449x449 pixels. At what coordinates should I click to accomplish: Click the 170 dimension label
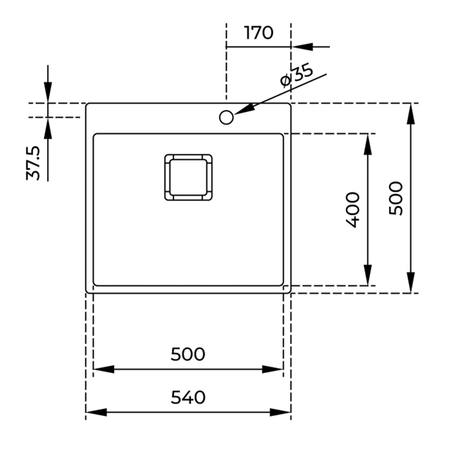click(x=259, y=33)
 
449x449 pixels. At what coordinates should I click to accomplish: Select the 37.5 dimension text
click(x=34, y=163)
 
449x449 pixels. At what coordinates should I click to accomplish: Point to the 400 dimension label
click(x=352, y=210)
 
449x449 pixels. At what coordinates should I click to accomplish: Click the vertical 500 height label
click(x=396, y=198)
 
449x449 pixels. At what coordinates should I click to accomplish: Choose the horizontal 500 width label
click(x=188, y=354)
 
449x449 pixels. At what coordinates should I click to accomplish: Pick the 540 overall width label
click(x=188, y=397)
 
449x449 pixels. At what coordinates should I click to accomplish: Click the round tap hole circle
click(x=226, y=117)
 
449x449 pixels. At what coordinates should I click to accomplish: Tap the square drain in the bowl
click(x=189, y=177)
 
